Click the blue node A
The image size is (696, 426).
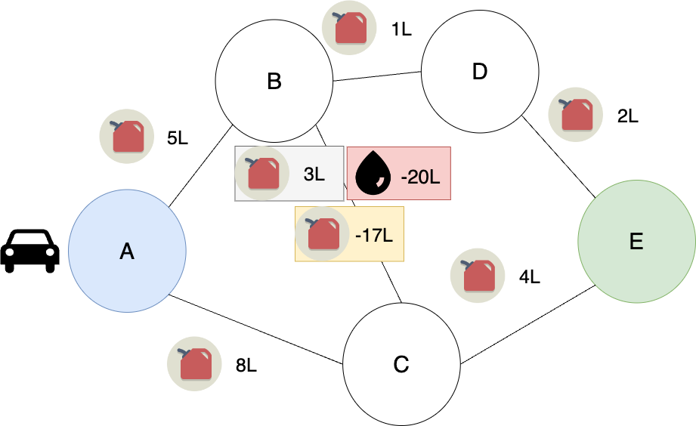tap(127, 251)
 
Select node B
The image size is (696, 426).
tap(274, 81)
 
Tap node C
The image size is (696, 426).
tap(401, 365)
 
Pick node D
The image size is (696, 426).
tap(480, 73)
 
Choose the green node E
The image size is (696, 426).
tap(636, 242)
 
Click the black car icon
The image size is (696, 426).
tap(29, 250)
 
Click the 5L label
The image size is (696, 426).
tap(178, 138)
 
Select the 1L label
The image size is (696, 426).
tap(401, 31)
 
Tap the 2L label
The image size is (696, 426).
tap(627, 117)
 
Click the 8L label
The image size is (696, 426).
tap(246, 366)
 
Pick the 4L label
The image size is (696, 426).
tap(530, 277)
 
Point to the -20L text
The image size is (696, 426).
tap(420, 177)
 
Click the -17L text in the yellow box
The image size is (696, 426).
tap(373, 235)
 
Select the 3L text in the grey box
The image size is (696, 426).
tap(314, 174)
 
